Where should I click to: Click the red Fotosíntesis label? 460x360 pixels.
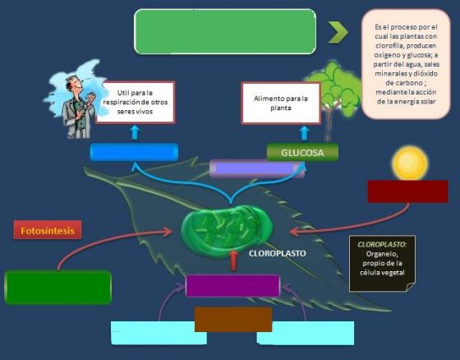(x=48, y=230)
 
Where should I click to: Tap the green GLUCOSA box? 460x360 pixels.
(x=302, y=152)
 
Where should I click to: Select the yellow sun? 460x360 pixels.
(x=410, y=164)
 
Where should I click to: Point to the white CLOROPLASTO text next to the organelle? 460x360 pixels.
(x=278, y=253)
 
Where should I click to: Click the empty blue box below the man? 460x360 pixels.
(x=134, y=152)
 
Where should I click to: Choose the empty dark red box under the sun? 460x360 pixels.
(x=407, y=192)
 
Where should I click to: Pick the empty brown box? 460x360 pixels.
(x=233, y=320)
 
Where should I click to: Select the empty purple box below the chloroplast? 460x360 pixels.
(x=232, y=286)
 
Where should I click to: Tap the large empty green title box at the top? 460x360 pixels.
(x=225, y=31)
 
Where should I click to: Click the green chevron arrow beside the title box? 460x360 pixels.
(x=338, y=32)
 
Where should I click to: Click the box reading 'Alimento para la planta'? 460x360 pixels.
(x=281, y=103)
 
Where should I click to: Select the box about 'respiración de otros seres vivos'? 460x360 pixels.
(x=135, y=102)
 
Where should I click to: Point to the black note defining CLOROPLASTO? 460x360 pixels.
(x=382, y=263)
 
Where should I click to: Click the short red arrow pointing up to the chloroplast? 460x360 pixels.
(x=233, y=261)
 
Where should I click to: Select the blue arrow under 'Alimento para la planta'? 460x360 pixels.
(x=305, y=134)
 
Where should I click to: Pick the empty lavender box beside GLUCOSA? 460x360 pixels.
(x=257, y=168)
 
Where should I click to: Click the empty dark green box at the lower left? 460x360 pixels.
(x=57, y=287)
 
